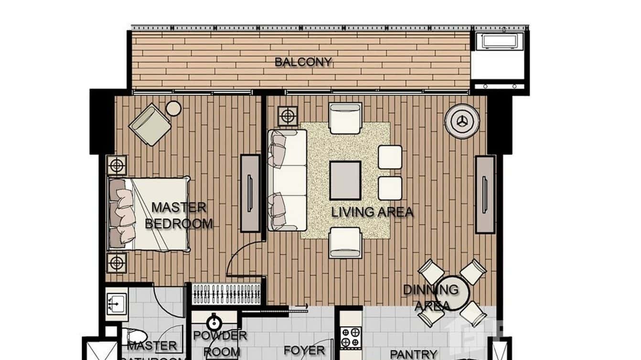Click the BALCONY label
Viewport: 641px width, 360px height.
coord(303,62)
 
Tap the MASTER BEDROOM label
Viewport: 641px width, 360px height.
coord(179,215)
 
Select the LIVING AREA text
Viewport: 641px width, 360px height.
coord(372,212)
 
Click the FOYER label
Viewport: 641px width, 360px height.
coord(304,350)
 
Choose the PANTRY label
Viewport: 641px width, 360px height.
coord(413,354)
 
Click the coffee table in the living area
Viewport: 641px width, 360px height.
coord(345,180)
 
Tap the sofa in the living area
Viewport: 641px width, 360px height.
coord(287,180)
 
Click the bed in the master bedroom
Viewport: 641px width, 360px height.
coord(149,213)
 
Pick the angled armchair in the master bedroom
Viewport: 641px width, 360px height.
coord(150,125)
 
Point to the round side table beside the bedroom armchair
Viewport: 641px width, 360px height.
coord(173,109)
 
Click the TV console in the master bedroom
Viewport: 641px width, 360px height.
coord(250,193)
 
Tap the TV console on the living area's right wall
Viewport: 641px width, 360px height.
coord(485,194)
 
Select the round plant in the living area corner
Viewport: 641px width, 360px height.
coord(462,121)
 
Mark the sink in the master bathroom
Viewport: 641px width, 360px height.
coord(116,304)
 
